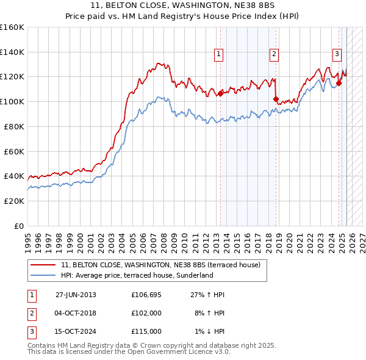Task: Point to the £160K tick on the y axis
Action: coord(12,27)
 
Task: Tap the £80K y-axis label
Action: coord(14,126)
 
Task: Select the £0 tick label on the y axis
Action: coord(20,226)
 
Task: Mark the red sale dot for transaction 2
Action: coord(276,99)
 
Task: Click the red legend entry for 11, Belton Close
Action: coord(161,265)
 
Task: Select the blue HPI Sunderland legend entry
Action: coord(137,275)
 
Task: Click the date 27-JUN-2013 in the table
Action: coord(76,295)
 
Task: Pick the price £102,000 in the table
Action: coord(146,313)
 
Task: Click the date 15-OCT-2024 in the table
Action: coord(76,331)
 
